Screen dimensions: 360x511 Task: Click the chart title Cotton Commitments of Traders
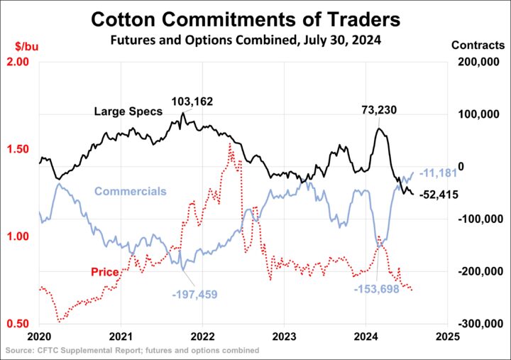[246, 18]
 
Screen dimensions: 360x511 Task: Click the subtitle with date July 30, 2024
[246, 40]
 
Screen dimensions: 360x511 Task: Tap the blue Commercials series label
[131, 191]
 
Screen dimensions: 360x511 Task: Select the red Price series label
[104, 272]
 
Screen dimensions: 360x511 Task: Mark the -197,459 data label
[194, 293]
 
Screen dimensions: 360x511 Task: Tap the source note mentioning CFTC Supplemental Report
[132, 351]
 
